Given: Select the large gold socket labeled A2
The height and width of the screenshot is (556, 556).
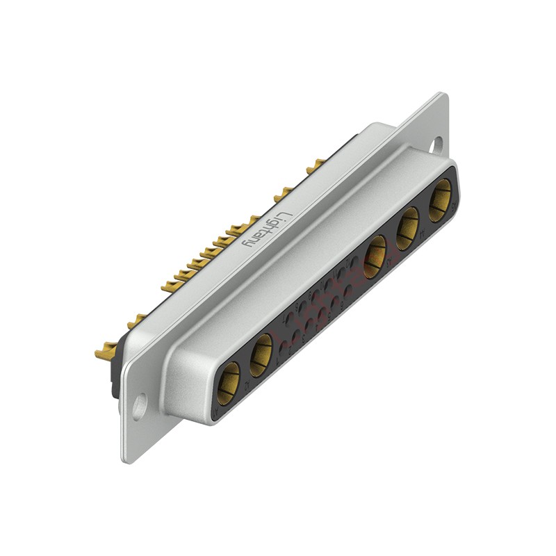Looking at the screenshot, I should pyautogui.click(x=261, y=355).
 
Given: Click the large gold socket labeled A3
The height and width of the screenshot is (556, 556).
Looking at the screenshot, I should pyautogui.click(x=375, y=256).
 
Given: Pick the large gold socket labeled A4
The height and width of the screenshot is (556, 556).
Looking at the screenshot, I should pyautogui.click(x=407, y=229).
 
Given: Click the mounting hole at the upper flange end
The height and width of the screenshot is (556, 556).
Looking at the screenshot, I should pyautogui.click(x=437, y=145).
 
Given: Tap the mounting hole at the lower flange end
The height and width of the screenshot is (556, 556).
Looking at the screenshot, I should pyautogui.click(x=140, y=406).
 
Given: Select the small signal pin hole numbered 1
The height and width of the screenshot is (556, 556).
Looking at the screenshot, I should pyautogui.click(x=283, y=347).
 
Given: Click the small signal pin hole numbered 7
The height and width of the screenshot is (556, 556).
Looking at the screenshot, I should pyautogui.click(x=289, y=320).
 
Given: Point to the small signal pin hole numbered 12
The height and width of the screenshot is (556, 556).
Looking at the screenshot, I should pyautogui.click(x=354, y=261).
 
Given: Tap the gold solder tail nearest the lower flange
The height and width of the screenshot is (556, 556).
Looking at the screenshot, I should pyautogui.click(x=105, y=352).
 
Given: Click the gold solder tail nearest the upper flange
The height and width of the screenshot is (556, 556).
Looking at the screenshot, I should pyautogui.click(x=316, y=165).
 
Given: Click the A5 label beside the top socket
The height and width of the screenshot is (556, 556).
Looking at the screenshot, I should pyautogui.click(x=454, y=206).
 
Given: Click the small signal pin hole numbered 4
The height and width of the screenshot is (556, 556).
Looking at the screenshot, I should pyautogui.click(x=322, y=313).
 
